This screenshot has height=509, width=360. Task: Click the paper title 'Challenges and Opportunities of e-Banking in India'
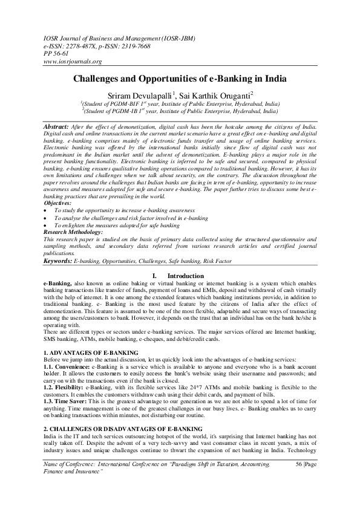click(180, 79)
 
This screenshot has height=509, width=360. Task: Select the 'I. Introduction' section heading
click(180, 276)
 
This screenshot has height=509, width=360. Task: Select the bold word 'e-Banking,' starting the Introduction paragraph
click(57, 283)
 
